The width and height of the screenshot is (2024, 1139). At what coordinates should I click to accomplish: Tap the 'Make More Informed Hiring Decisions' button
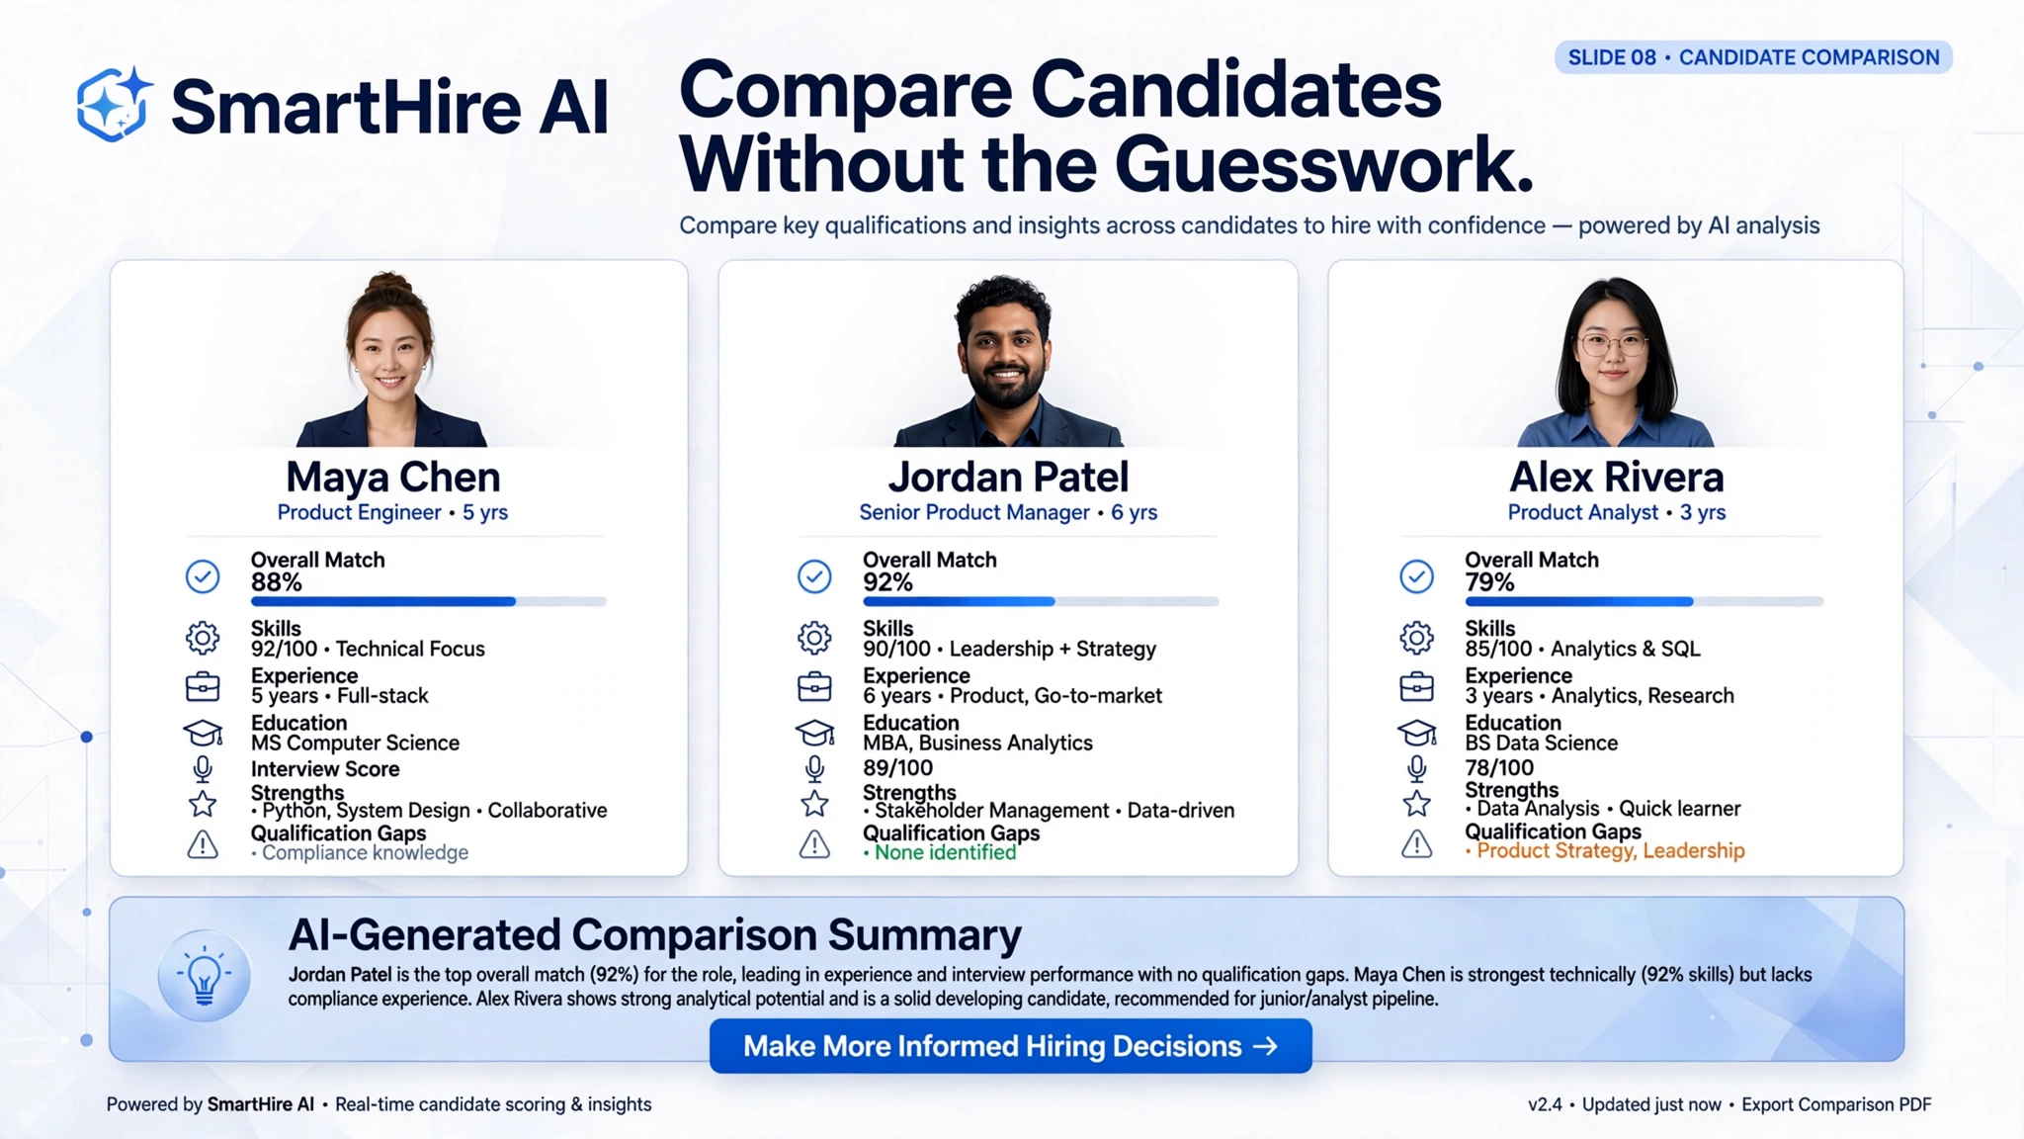point(1010,1046)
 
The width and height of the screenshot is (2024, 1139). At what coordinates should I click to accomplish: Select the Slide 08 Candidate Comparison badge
point(1753,57)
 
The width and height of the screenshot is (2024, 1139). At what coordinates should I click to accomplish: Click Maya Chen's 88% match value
point(277,582)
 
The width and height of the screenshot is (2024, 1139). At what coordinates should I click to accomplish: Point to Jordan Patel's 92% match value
point(887,582)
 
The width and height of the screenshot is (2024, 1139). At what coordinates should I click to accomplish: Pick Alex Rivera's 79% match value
point(1489,582)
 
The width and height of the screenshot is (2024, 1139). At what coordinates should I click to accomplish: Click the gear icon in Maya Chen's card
point(203,638)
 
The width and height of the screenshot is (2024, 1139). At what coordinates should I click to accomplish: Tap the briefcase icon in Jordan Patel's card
point(814,686)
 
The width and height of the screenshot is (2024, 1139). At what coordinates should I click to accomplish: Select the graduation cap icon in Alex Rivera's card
point(1416,733)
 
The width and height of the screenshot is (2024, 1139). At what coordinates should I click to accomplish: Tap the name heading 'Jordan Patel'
point(1008,477)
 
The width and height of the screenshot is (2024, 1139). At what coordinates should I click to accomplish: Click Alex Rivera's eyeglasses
point(1612,345)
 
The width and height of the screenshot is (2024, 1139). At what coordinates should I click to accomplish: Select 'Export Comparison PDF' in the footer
point(1836,1104)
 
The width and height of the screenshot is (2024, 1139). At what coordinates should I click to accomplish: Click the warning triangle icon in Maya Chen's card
point(203,844)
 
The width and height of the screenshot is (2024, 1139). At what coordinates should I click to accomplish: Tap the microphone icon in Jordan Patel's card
point(814,768)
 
